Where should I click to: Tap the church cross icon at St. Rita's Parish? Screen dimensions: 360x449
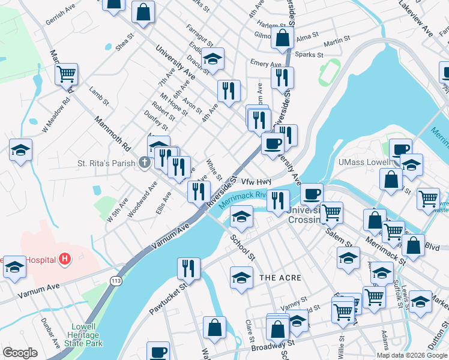pos(144,162)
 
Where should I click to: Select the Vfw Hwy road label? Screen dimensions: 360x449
pos(257,181)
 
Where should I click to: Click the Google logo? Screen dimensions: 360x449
pos(20,353)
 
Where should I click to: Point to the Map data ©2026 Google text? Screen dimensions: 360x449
pos(412,355)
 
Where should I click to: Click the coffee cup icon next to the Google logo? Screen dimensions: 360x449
pos(158,352)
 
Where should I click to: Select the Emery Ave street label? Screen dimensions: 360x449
pos(266,64)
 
